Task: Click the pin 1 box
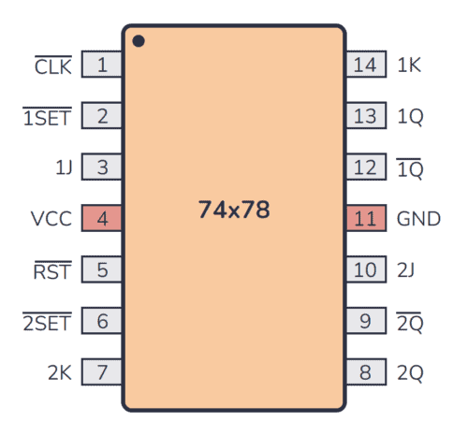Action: click(102, 65)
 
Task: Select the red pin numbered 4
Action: click(102, 220)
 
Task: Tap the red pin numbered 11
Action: click(365, 220)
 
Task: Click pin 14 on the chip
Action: click(365, 65)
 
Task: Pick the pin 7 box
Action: click(102, 373)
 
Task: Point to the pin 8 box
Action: click(365, 373)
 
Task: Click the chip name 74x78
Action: click(234, 210)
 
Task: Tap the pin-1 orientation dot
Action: click(139, 41)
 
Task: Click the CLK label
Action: click(52, 65)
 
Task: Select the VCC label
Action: click(51, 220)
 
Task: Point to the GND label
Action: click(418, 220)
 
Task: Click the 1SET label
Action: click(47, 117)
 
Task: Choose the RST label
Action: click(52, 271)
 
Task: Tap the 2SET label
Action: click(47, 323)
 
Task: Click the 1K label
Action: click(409, 65)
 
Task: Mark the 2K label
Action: click(59, 373)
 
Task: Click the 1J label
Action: click(63, 168)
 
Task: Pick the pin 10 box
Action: click(365, 271)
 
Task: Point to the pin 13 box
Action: click(365, 117)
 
